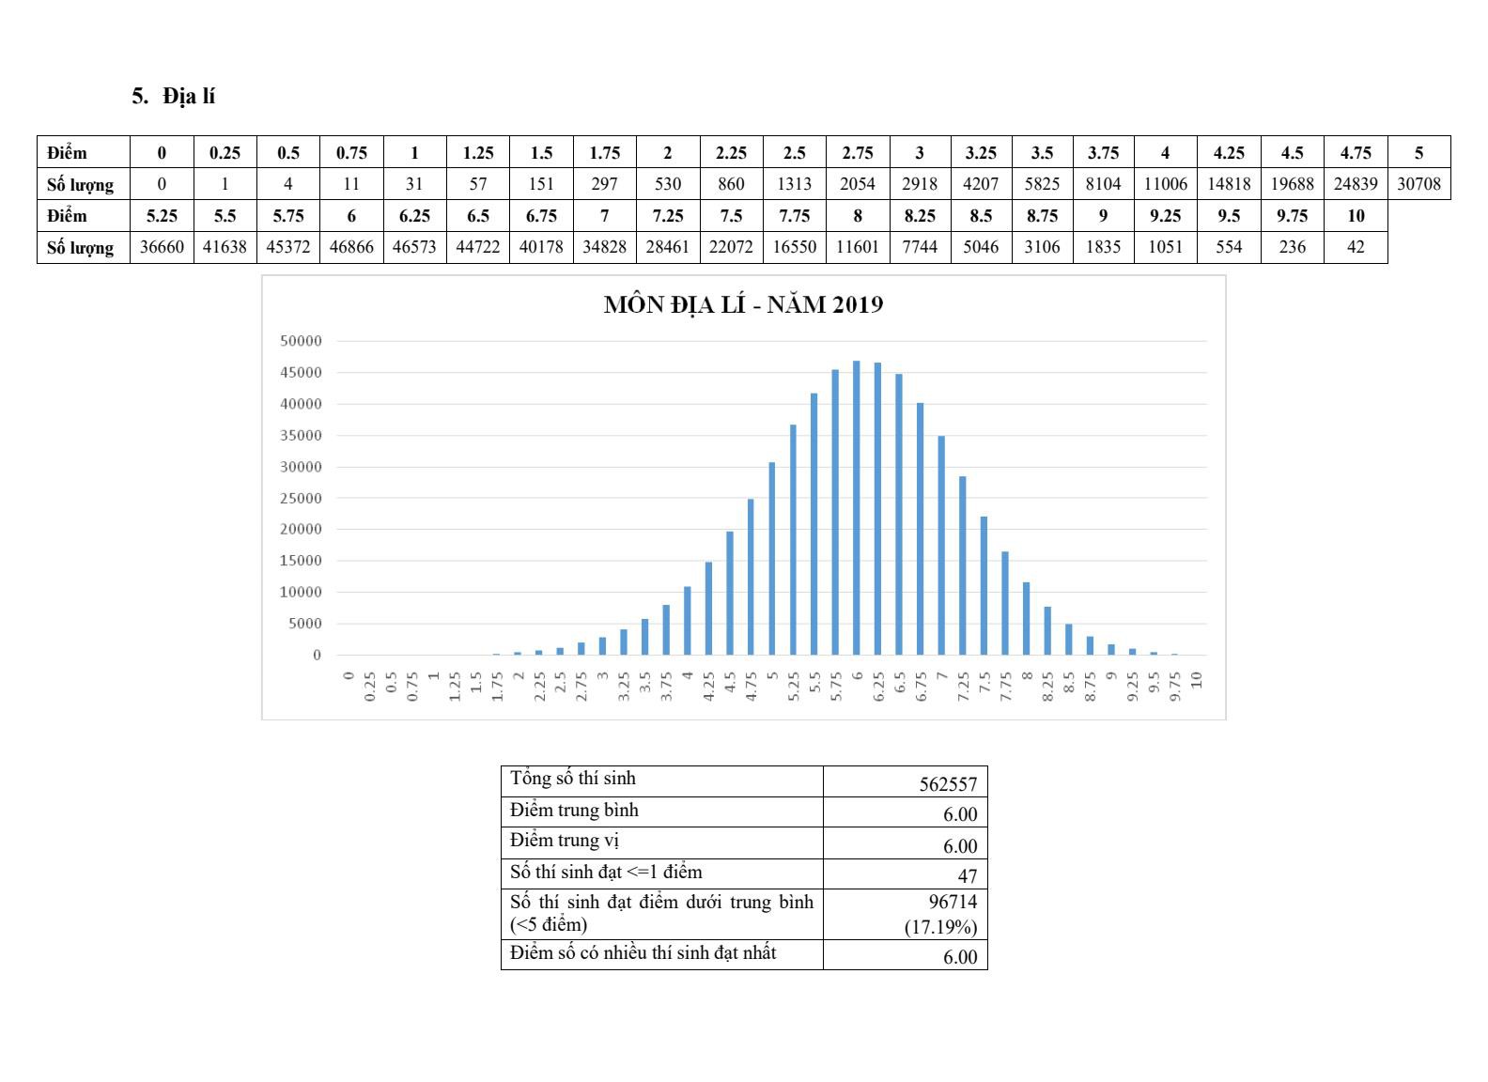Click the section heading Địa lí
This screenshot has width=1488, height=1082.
[188, 96]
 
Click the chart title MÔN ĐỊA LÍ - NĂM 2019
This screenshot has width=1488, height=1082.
[743, 304]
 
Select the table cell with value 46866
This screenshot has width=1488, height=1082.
[351, 247]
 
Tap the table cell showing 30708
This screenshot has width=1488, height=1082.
[1418, 184]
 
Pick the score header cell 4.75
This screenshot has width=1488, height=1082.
[1356, 152]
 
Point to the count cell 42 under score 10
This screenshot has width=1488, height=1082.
[1356, 247]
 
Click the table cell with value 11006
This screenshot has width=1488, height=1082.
[1165, 184]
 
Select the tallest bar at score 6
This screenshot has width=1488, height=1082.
[857, 507]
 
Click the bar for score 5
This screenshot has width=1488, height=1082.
[772, 558]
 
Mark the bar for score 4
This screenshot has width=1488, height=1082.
[688, 620]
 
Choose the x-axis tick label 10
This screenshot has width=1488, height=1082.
[1197, 679]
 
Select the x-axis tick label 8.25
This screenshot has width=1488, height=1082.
[1048, 687]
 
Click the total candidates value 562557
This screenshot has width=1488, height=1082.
[948, 784]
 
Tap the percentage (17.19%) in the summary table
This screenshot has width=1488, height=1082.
[940, 928]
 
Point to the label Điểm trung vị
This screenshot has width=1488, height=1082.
[565, 841]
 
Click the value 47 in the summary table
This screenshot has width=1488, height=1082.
[967, 876]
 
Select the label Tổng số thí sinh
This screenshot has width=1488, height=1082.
[573, 779]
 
